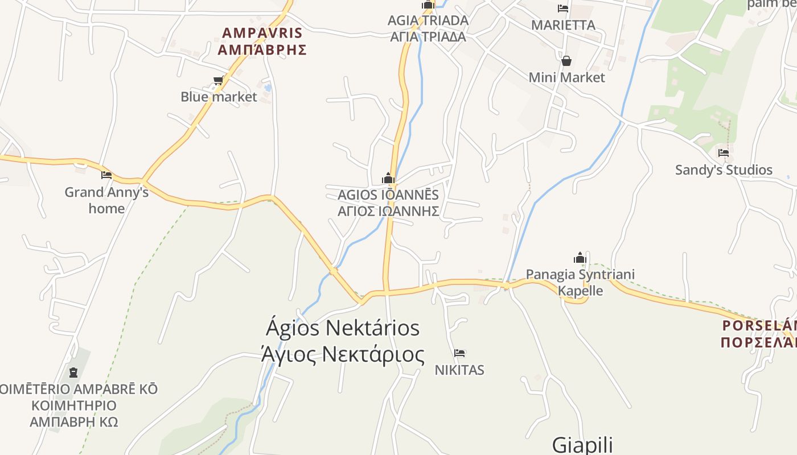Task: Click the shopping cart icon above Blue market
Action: coord(218,81)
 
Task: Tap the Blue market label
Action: coord(219,97)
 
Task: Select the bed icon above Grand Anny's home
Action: coord(106,175)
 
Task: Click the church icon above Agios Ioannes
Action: coord(388,179)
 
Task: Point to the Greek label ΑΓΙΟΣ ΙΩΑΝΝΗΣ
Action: coord(388,211)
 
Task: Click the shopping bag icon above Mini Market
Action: coord(566,61)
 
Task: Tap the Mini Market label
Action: coord(566,77)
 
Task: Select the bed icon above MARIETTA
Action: coord(563,9)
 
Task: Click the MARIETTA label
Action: coord(563,25)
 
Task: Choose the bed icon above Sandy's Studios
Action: coord(724,153)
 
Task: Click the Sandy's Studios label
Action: coord(724,169)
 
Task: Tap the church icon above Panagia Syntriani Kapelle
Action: coord(580,258)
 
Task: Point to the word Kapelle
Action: coord(580,291)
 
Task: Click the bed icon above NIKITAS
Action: coord(459,353)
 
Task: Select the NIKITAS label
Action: coord(459,370)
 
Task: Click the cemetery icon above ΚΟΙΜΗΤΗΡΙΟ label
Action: coord(73,373)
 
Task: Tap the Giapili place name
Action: coord(582,444)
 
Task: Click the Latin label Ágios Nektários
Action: coord(343,328)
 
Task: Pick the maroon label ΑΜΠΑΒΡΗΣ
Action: coord(262,49)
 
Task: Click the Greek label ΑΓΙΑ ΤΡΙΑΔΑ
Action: coord(428,37)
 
